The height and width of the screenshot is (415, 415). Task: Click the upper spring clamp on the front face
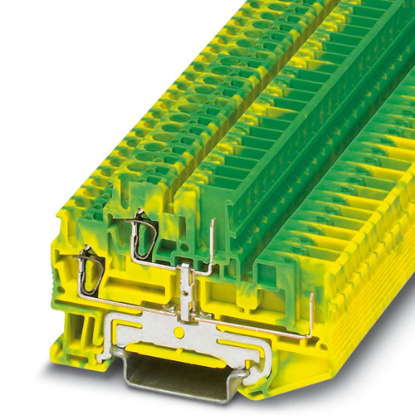(x=143, y=234)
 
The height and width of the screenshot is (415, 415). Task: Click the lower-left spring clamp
(x=90, y=272)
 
